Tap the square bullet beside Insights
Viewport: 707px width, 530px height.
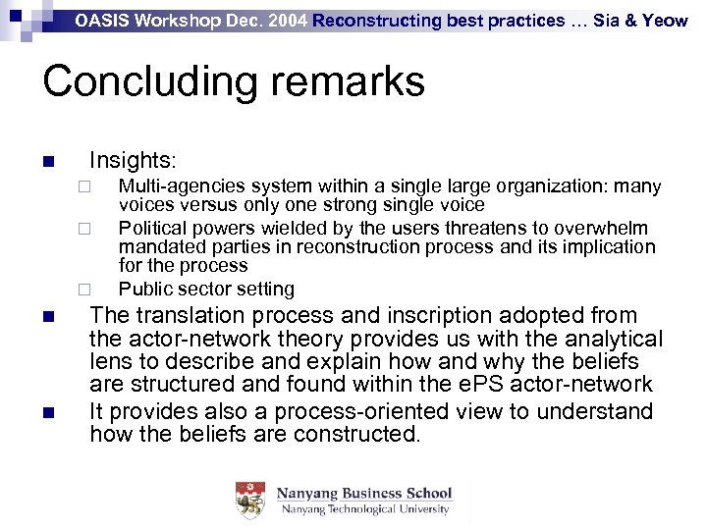click(x=47, y=161)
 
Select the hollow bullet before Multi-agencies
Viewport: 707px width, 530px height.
click(x=84, y=187)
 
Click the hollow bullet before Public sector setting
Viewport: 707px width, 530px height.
click(x=84, y=291)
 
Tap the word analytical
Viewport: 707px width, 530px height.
click(x=609, y=340)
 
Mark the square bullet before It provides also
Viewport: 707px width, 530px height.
click(x=47, y=412)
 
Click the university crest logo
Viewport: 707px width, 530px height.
click(x=250, y=501)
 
